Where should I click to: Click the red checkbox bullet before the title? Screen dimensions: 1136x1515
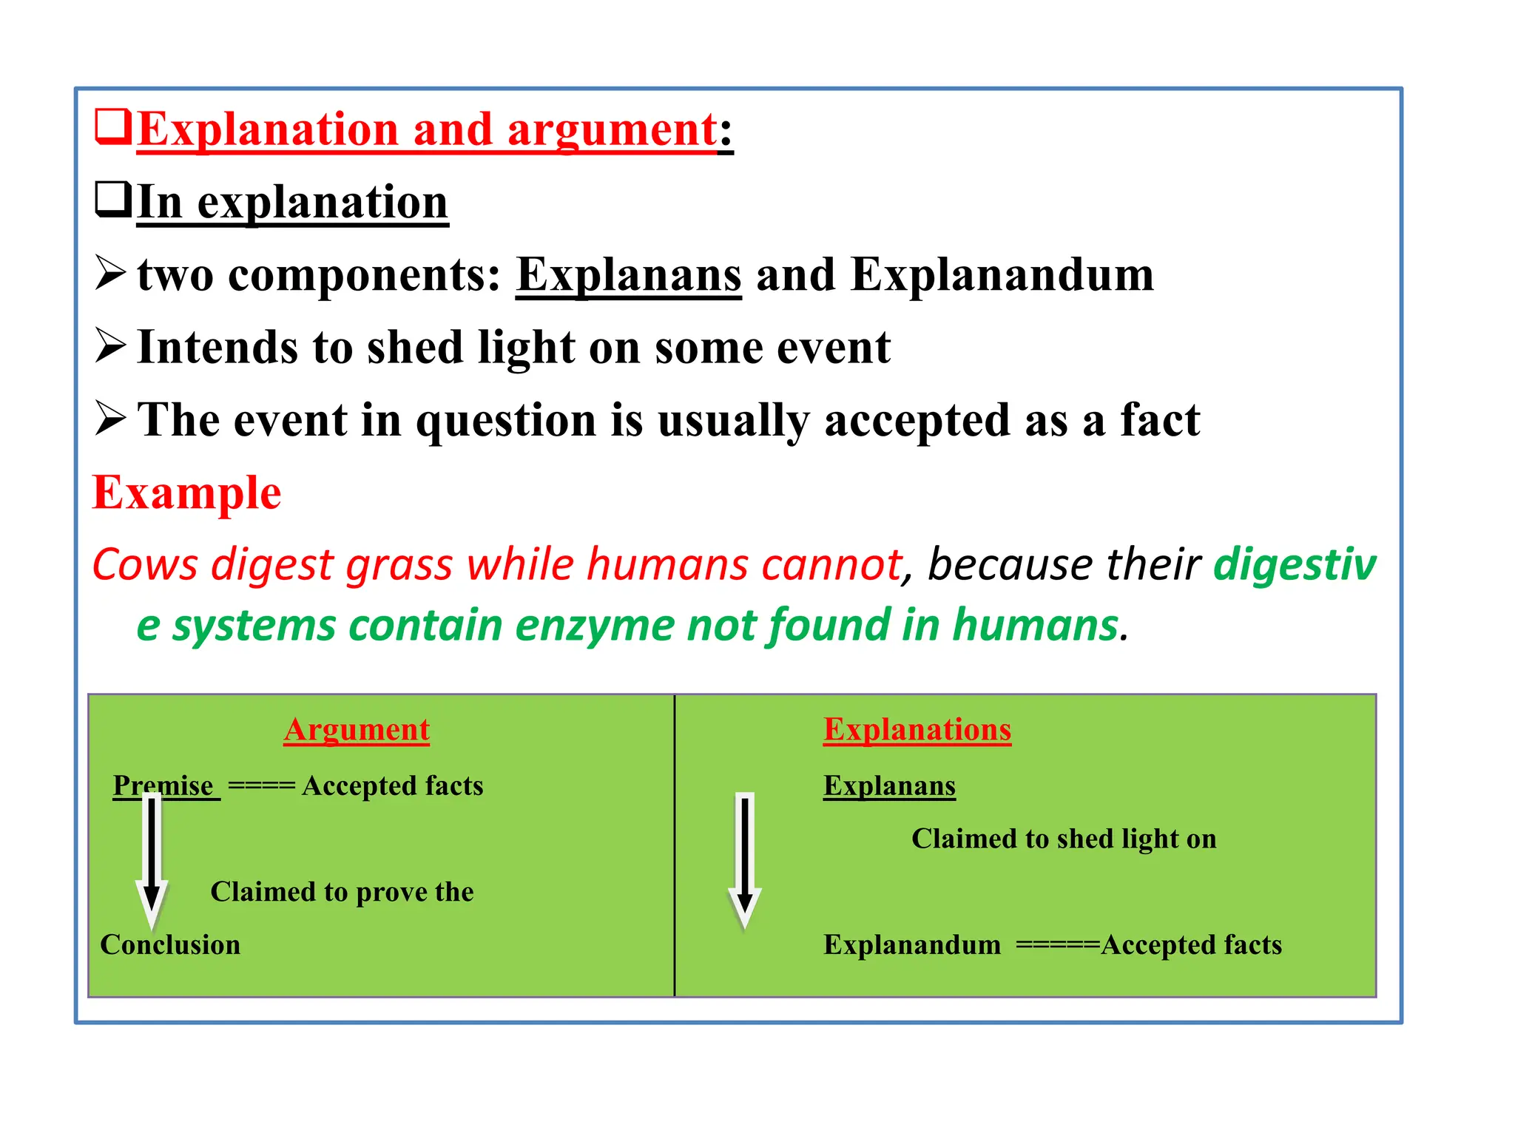(113, 127)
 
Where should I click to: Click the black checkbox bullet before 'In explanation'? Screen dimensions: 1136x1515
(113, 200)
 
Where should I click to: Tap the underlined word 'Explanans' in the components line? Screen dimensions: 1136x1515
(628, 274)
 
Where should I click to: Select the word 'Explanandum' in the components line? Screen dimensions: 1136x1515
(1002, 274)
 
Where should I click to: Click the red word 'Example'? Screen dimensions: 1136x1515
(186, 493)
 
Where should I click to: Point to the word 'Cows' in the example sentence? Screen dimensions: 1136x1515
(145, 564)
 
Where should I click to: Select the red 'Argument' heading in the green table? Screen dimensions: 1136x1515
(357, 730)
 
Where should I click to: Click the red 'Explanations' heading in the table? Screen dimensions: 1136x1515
(917, 730)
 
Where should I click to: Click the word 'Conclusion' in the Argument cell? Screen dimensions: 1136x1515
(170, 945)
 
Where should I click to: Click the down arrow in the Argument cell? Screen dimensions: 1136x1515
(152, 858)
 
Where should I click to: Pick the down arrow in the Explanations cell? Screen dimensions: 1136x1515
(744, 858)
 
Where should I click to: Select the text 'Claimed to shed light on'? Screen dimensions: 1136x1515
(1063, 839)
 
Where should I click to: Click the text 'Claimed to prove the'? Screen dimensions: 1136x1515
(342, 892)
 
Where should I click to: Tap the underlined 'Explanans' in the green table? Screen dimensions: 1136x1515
(889, 785)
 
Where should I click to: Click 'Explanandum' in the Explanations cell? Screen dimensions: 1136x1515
(912, 945)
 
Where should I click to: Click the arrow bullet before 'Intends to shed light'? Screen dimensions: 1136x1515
(111, 346)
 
